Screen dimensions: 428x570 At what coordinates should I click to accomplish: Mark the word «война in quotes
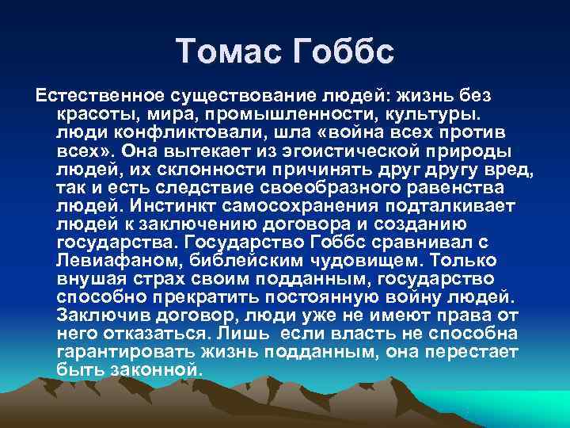click(339, 132)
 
